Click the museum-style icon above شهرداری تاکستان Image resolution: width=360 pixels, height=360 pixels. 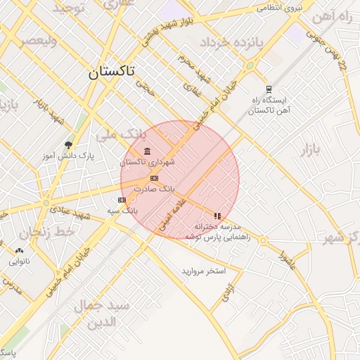coord(147,152)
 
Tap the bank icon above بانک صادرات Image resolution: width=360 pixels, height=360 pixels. coord(155,179)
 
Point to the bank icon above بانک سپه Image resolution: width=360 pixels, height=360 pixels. coord(122,200)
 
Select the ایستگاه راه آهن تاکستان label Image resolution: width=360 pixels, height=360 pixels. coord(268,105)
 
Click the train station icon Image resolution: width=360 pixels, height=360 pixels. coord(268,89)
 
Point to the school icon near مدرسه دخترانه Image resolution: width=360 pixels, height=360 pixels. coord(218,216)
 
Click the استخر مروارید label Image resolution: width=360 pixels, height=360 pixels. coord(203,271)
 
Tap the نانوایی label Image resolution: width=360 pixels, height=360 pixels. coord(19,262)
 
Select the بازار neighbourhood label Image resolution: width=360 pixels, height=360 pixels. coord(310,149)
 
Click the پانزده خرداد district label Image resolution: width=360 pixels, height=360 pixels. coord(229,43)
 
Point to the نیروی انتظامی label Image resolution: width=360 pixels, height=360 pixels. coord(278,7)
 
